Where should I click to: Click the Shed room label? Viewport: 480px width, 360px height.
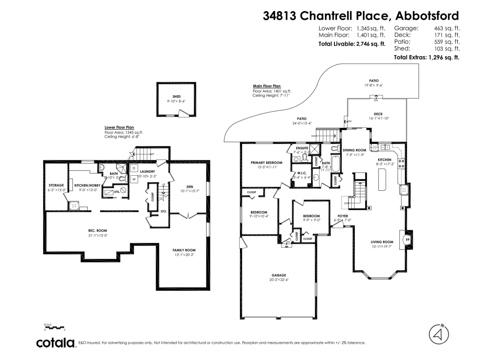[x=176, y=96]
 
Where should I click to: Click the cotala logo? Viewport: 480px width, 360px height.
[x=56, y=343]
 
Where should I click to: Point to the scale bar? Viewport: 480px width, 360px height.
[x=54, y=328]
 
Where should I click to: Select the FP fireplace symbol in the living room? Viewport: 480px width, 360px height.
[x=408, y=240]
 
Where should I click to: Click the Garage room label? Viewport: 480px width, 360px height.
[x=279, y=275]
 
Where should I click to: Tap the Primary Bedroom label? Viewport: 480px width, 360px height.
[x=266, y=162]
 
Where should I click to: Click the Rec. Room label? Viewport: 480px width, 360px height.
[x=98, y=230]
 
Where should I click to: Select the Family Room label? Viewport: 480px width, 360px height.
[x=184, y=250]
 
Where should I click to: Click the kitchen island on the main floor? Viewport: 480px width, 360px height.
[x=381, y=179]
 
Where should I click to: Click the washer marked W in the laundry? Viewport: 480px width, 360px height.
[x=134, y=179]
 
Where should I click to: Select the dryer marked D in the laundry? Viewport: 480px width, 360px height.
[x=134, y=168]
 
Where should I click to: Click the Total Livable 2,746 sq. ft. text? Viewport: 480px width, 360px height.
[x=352, y=44]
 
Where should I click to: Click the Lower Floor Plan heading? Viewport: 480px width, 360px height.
[x=119, y=127]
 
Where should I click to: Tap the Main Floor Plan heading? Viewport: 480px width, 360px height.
[x=267, y=86]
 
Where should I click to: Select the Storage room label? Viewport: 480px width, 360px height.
[x=56, y=185]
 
